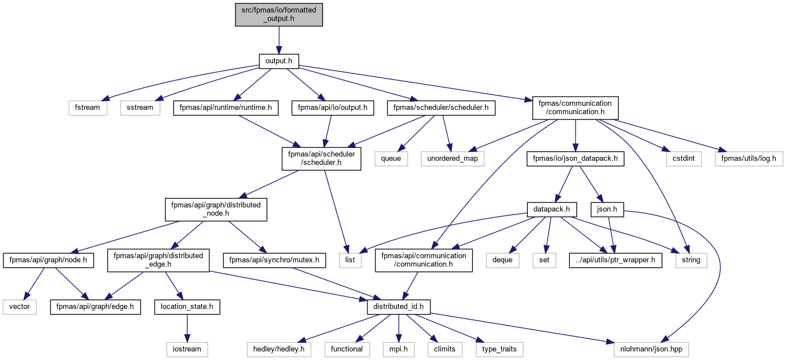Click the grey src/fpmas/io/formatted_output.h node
(x=279, y=15)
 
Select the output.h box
(x=279, y=61)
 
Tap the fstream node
(x=88, y=107)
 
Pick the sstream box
(x=140, y=107)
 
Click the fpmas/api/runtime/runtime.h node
(x=226, y=107)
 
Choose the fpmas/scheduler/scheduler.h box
(x=441, y=107)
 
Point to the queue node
(x=391, y=159)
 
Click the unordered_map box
(x=452, y=159)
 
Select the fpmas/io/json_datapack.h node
(x=575, y=159)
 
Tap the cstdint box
(x=684, y=159)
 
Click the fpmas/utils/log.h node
(x=749, y=159)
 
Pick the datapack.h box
(x=552, y=209)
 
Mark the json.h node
(x=607, y=209)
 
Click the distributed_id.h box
(x=399, y=307)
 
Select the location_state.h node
(x=187, y=307)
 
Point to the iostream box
(x=187, y=349)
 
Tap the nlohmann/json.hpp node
(x=651, y=349)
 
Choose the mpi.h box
(x=399, y=349)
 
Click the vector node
(x=20, y=307)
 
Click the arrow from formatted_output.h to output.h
(x=279, y=40)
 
